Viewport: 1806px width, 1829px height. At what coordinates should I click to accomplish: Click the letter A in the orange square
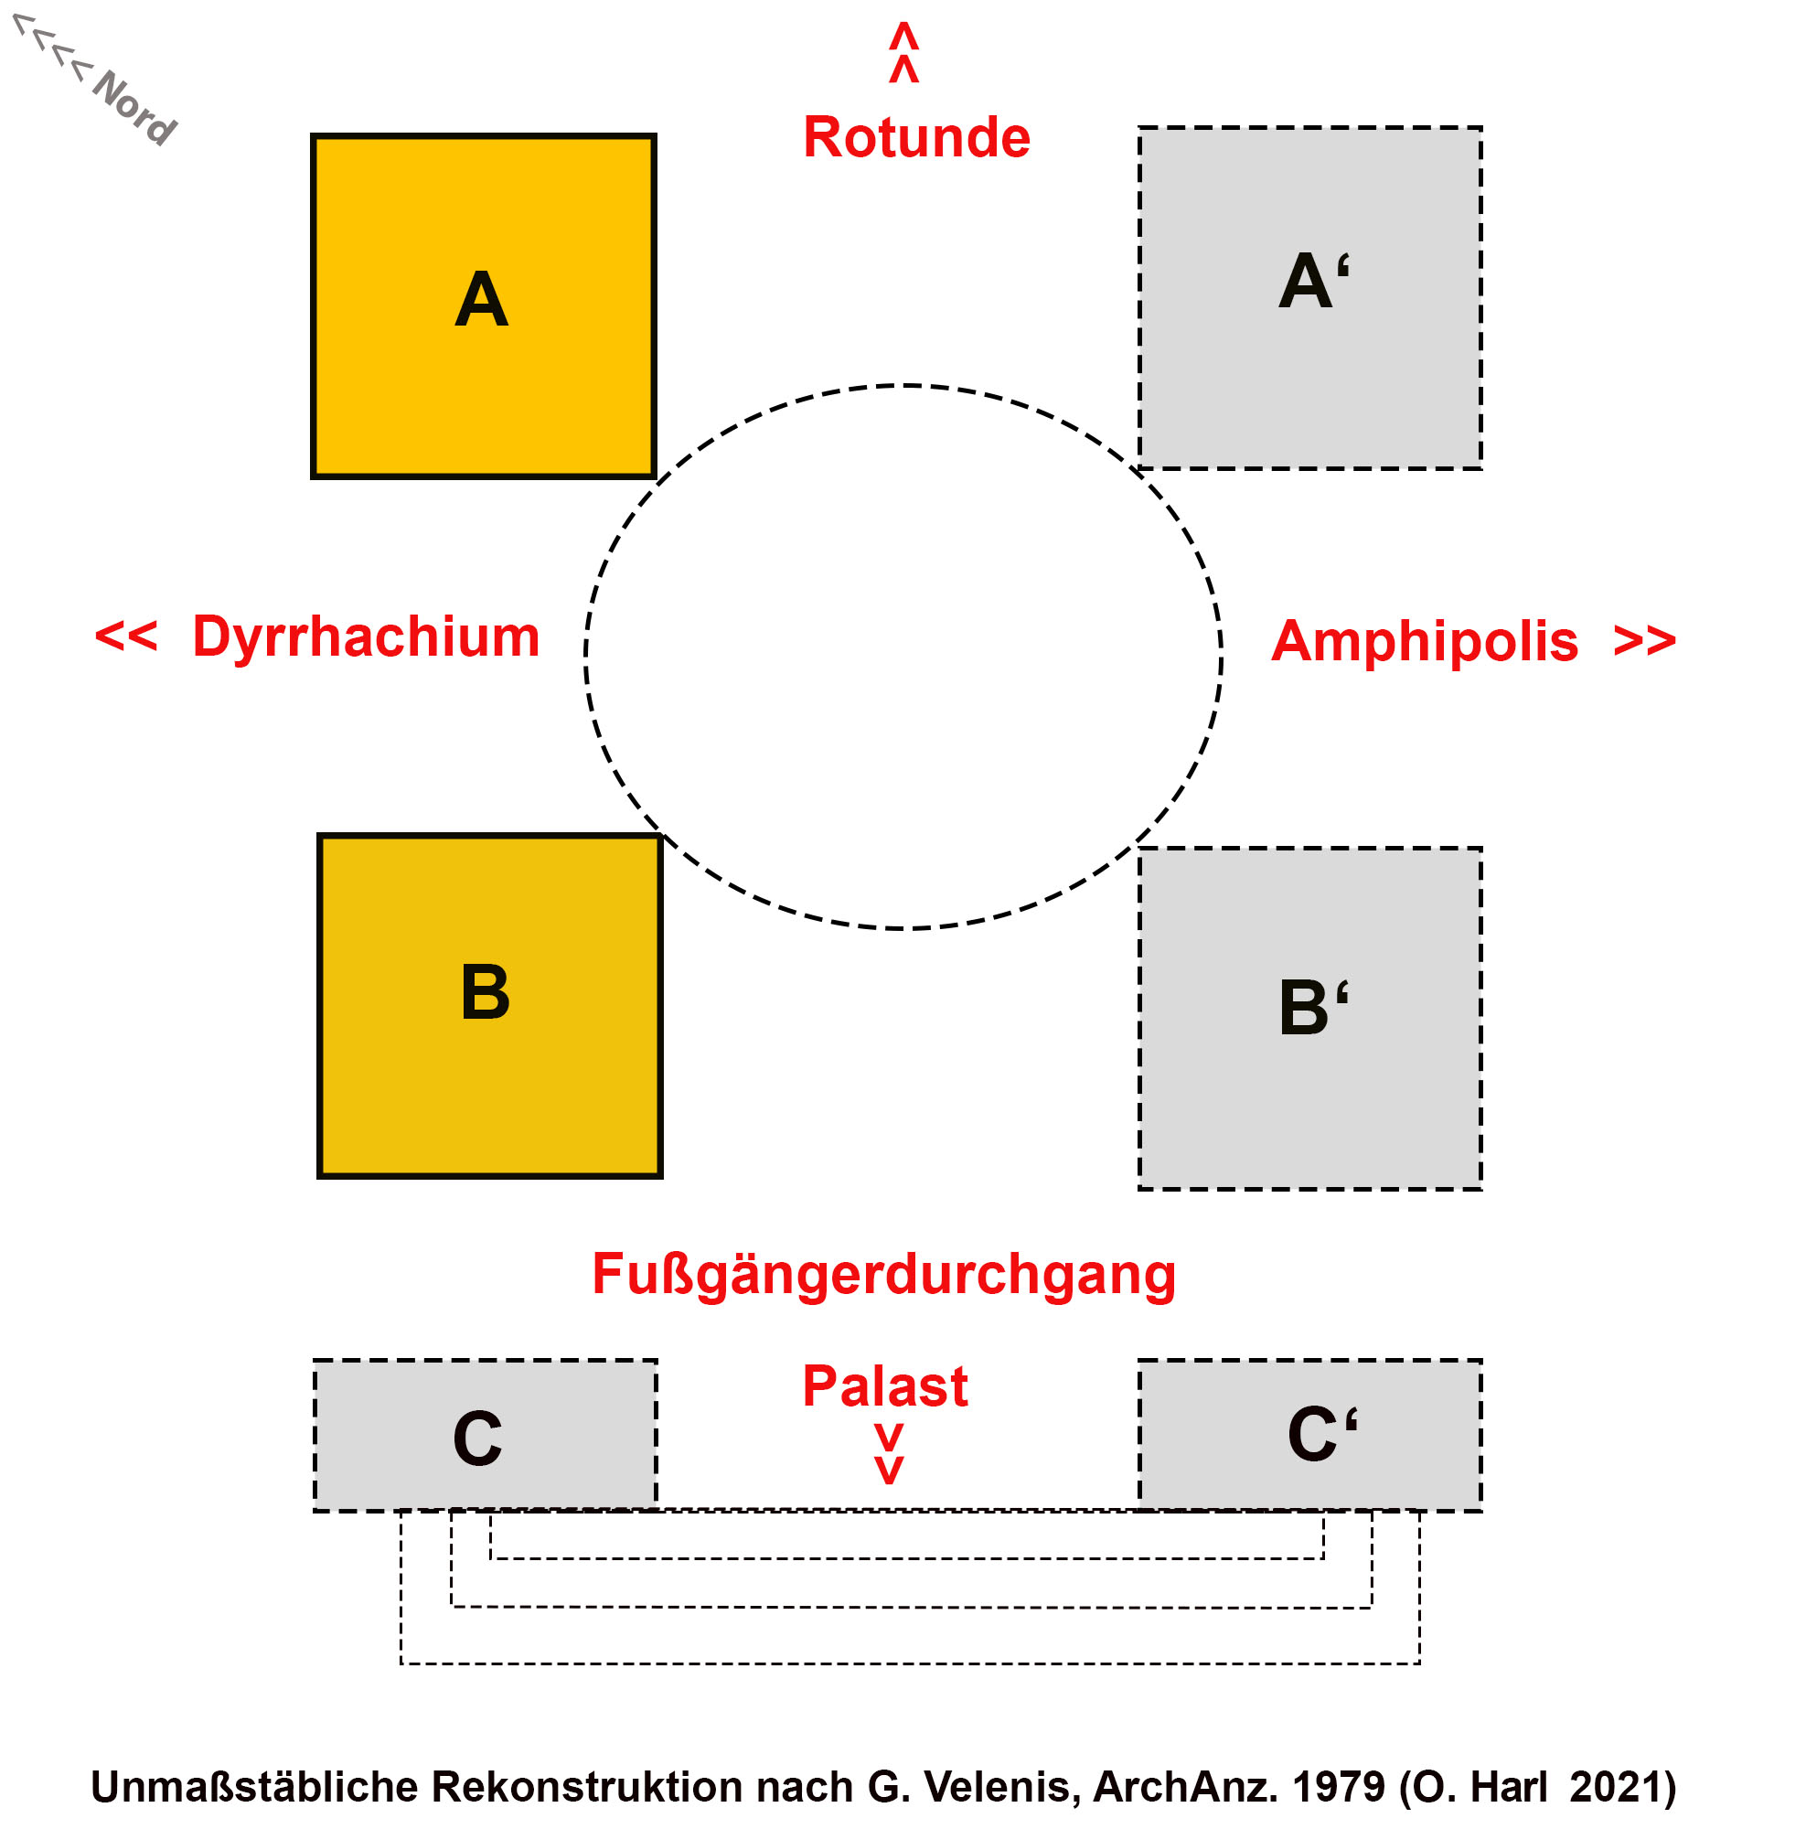[x=481, y=300]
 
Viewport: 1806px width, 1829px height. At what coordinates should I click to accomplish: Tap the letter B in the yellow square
[x=485, y=992]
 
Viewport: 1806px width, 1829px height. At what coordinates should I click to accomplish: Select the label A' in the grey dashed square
[x=1313, y=281]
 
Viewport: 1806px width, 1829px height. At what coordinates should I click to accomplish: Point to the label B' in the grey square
[x=1313, y=1006]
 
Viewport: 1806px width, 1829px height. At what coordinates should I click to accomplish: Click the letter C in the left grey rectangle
[x=477, y=1438]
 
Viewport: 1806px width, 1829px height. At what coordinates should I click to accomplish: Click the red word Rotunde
[x=915, y=137]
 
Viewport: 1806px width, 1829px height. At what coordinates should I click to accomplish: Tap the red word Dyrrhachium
[x=366, y=636]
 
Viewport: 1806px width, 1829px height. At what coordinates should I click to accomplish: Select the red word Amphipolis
[x=1424, y=641]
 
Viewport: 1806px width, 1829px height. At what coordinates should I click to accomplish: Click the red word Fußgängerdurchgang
[x=883, y=1273]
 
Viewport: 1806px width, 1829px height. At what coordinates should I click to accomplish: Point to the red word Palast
[x=884, y=1386]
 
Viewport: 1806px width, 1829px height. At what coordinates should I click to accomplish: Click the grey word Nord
[x=134, y=107]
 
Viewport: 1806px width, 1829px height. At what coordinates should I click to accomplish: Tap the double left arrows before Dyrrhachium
[x=126, y=636]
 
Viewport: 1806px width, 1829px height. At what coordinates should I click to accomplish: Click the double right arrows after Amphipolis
[x=1644, y=641]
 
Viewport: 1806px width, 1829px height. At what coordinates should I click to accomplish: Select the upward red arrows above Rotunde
[x=903, y=53]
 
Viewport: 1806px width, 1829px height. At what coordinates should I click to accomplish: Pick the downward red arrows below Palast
[x=888, y=1453]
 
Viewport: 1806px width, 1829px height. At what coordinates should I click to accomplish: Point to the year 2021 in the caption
[x=1620, y=1787]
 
